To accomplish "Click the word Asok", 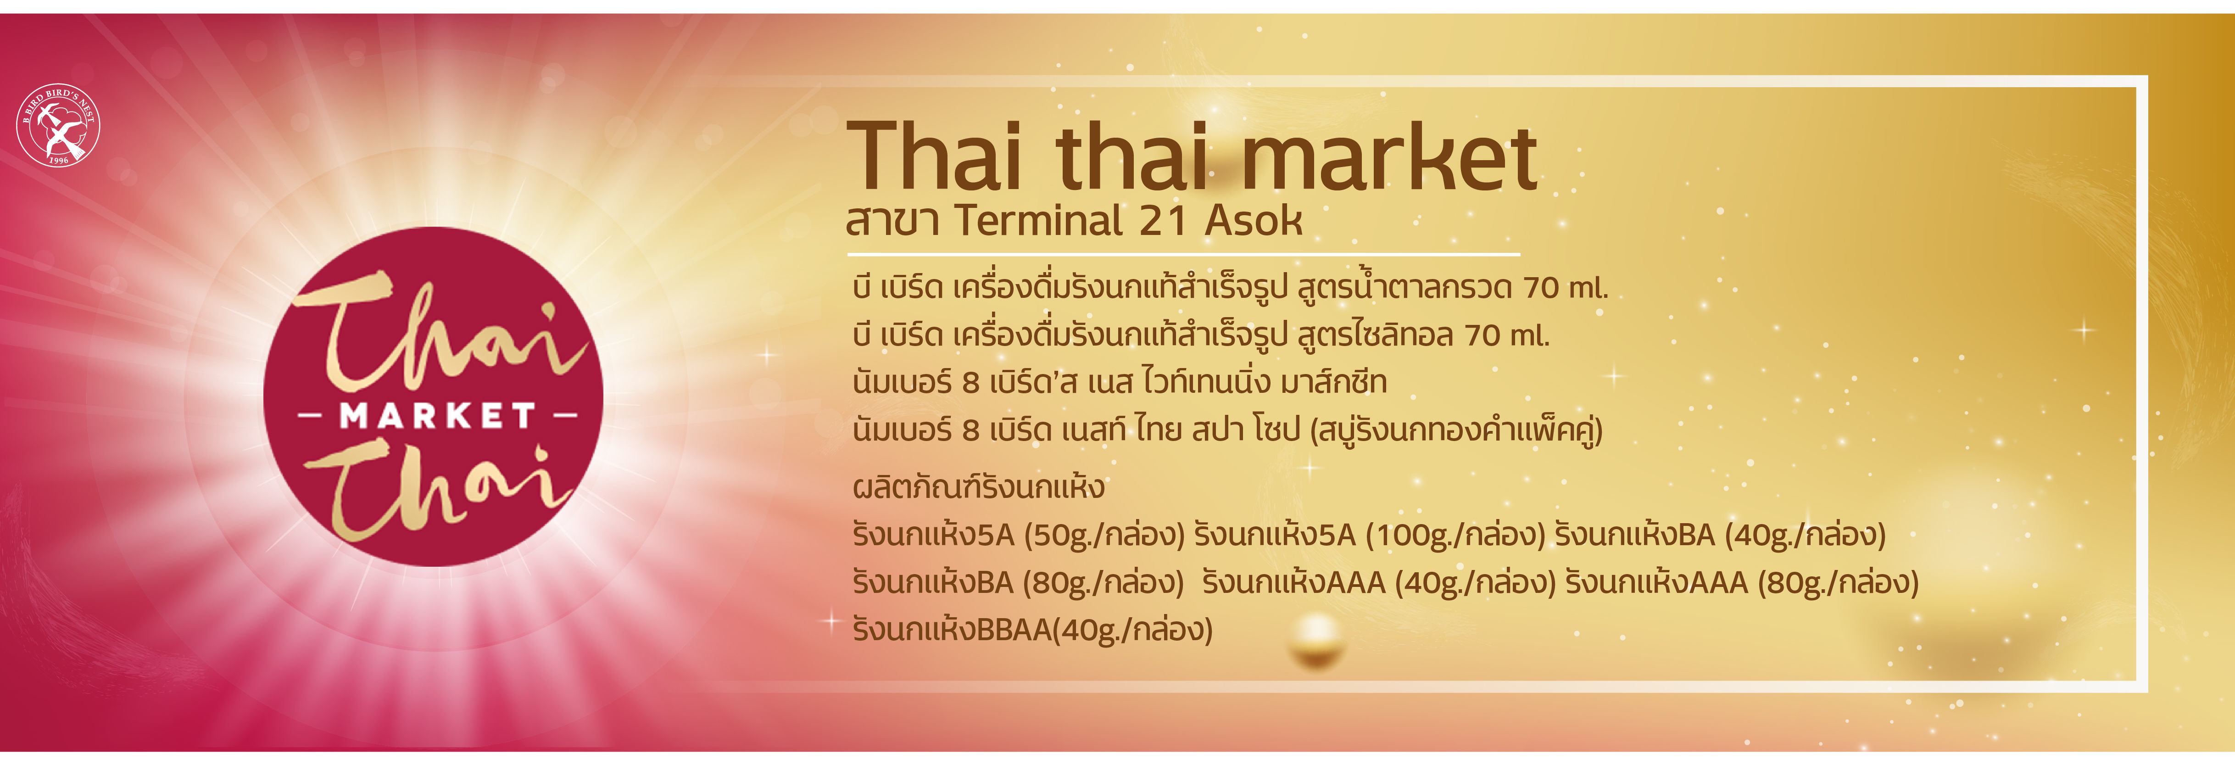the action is (1254, 221).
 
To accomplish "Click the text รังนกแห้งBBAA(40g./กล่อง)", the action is (1032, 629).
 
